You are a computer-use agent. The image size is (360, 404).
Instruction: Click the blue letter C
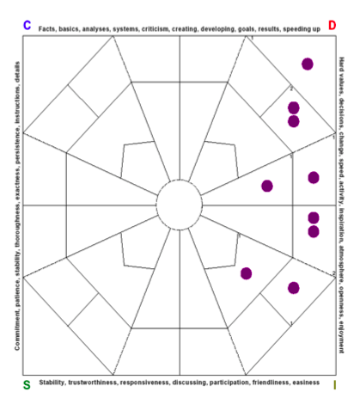(27, 25)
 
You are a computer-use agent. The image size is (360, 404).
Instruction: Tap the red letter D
(332, 25)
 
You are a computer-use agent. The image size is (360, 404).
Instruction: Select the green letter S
(27, 383)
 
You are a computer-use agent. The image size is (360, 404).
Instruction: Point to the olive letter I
(334, 384)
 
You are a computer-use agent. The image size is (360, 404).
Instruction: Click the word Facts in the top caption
(50, 28)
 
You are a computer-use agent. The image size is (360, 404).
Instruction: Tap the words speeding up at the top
(302, 28)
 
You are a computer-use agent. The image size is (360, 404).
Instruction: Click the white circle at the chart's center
(180, 206)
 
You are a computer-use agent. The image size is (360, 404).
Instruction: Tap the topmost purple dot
(308, 64)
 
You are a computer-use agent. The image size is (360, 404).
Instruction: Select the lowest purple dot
(294, 288)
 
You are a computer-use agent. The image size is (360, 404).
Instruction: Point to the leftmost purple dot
(247, 273)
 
